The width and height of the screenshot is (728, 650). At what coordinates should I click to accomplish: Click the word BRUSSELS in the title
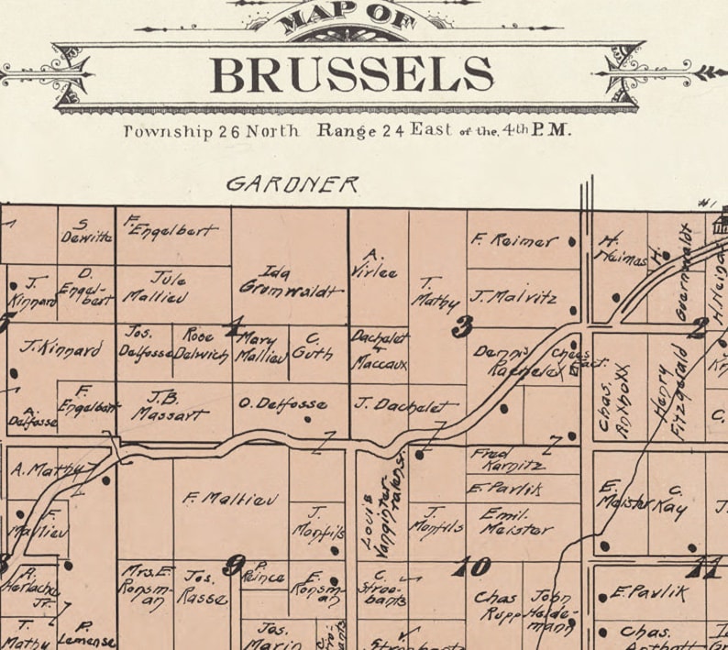coord(351,75)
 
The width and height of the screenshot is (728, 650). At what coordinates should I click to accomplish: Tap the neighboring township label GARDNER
coord(292,184)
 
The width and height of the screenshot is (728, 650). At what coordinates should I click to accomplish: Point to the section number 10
coord(472,567)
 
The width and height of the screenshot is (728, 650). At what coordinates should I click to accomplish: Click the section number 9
coord(235,566)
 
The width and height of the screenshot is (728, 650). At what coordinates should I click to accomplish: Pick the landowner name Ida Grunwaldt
coord(289,281)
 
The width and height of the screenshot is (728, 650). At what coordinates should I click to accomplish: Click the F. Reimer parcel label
coord(514,241)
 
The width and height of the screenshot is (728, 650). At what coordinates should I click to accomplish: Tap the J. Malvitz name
coord(513,297)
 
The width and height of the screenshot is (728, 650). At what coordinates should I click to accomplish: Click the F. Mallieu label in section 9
coord(217,500)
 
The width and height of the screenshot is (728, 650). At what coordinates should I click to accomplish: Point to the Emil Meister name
coord(514,521)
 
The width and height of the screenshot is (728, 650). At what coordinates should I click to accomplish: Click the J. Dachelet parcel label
coord(403,405)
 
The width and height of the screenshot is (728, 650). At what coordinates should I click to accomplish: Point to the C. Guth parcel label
coord(317,347)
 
